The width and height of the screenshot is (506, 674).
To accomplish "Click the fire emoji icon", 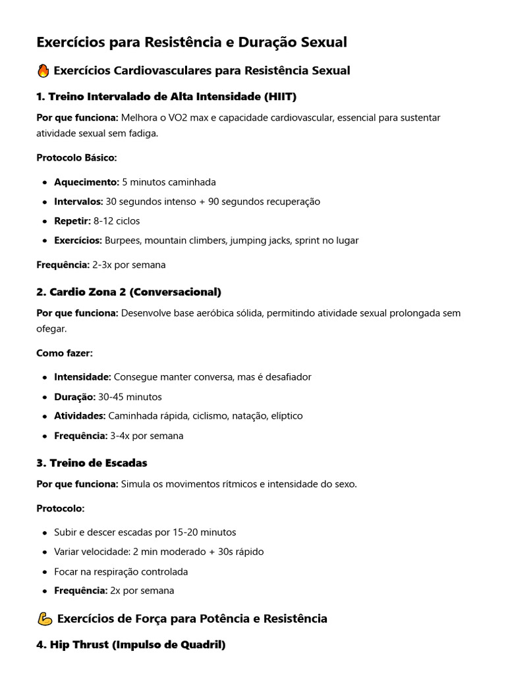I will click(43, 70).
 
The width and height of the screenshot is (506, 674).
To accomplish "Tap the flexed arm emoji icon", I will click(44, 619).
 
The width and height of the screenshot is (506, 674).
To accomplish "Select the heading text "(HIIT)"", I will click(280, 97).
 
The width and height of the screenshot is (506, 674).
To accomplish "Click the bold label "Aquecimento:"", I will click(86, 182).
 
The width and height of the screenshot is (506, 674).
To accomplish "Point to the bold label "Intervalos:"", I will click(78, 201).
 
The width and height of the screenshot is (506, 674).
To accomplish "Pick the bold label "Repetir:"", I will click(72, 221).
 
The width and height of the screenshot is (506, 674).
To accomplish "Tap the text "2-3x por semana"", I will click(128, 265).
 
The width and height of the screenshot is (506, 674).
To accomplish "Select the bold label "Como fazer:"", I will click(65, 353).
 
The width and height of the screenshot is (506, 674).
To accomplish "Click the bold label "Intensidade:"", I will click(82, 377).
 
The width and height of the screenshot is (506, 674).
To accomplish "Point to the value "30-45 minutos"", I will click(130, 397).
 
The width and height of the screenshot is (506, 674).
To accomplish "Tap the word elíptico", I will click(285, 416).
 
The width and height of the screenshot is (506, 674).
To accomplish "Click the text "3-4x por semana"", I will click(146, 436).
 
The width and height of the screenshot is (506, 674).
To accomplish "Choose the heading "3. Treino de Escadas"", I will click(92, 463).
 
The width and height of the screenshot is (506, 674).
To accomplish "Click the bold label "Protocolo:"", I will click(61, 509).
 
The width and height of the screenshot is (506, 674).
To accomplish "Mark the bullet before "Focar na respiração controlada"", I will click(44, 572).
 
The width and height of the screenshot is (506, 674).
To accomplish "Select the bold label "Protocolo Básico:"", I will click(76, 158).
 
